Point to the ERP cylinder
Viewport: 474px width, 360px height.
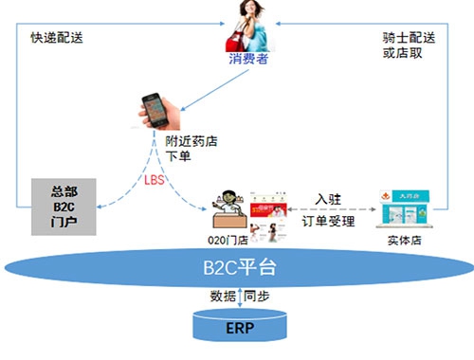pos(239,327)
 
